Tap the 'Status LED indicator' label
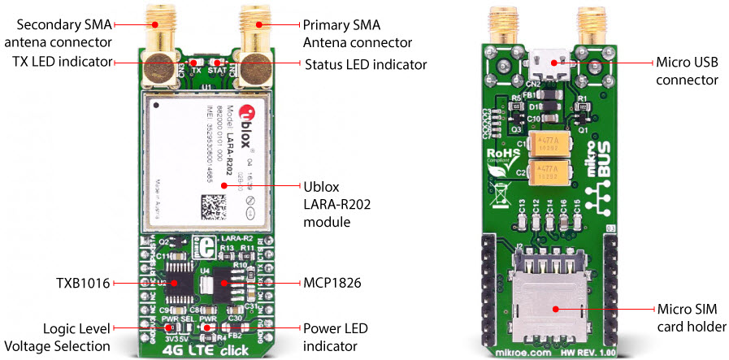pyautogui.click(x=365, y=64)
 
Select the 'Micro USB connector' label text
pyautogui.click(x=687, y=71)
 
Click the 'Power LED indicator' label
pyautogui.click(x=338, y=337)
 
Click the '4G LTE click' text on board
pyautogui.click(x=198, y=351)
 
